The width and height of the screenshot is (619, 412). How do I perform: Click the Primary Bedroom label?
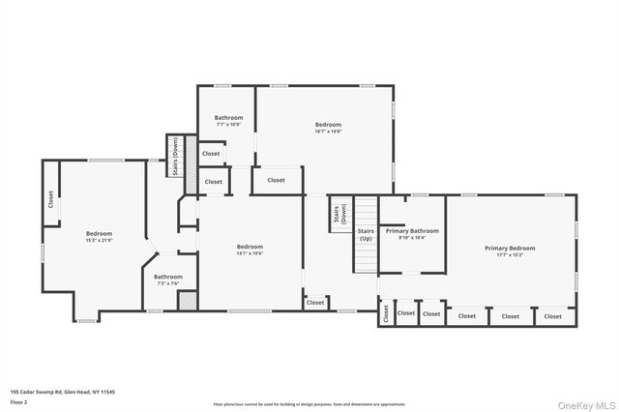pos(510,249)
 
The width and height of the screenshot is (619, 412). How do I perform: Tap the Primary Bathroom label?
pos(412,231)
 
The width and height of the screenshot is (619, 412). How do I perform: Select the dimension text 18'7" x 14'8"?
pos(328,132)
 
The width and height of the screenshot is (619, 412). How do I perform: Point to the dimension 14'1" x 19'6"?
pos(251,252)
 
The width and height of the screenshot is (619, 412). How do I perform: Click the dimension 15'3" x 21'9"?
pos(99,240)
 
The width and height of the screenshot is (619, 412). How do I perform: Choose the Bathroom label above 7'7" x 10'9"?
pos(229,118)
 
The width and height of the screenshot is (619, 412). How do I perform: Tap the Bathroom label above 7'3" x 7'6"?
pos(167,277)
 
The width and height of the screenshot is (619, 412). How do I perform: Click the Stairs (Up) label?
pos(366,235)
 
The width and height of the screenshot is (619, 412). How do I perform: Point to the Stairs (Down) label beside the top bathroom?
pos(175,155)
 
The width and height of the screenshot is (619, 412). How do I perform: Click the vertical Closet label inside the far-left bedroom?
pos(50,199)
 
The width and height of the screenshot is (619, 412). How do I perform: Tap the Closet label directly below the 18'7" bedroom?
pos(276,180)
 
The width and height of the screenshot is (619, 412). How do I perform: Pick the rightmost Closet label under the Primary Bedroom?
pos(553,316)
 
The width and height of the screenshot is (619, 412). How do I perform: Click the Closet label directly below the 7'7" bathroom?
pos(211,154)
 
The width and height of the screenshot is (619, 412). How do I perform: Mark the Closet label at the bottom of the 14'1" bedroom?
pos(315,303)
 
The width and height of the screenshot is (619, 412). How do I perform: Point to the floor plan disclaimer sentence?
pos(309,404)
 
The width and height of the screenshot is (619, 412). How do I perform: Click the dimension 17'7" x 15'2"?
pos(510,255)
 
